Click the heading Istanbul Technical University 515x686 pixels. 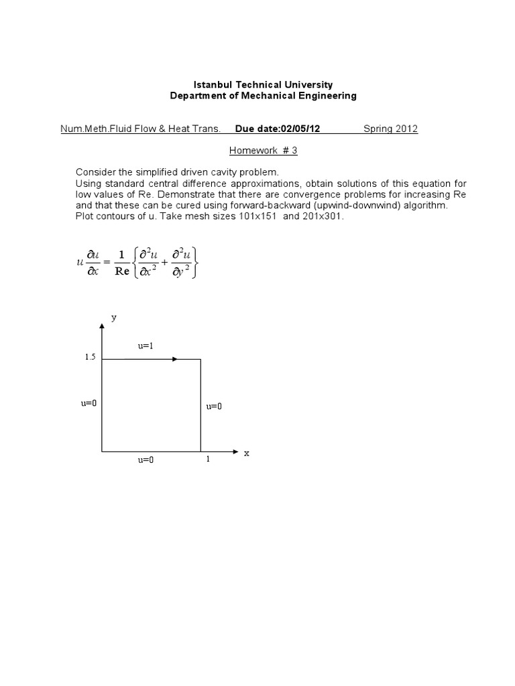point(262,85)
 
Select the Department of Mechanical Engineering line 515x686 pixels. point(262,96)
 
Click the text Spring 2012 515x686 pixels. point(391,129)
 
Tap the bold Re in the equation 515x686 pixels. point(121,271)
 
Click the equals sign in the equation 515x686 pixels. point(107,263)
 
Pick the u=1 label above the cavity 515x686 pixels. point(146,346)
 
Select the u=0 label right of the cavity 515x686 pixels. point(214,407)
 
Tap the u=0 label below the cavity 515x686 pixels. point(146,460)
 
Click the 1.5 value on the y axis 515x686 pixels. point(91,358)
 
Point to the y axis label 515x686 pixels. point(114,319)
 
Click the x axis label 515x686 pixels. point(246,453)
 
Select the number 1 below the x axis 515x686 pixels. point(208,460)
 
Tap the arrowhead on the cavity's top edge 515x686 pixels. point(174,359)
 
